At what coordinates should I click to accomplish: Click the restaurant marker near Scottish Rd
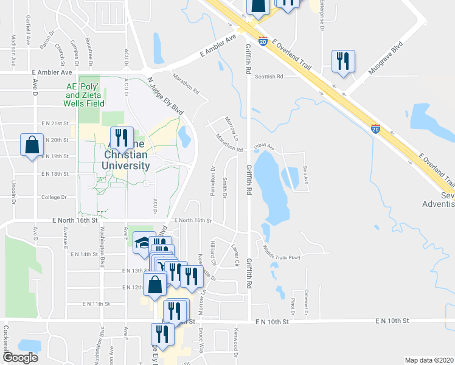(343, 61)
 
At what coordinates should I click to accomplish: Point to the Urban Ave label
(265, 147)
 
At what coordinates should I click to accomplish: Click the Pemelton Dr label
(214, 177)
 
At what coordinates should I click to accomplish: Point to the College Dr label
(54, 197)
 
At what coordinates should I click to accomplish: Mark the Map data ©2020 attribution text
(429, 360)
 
